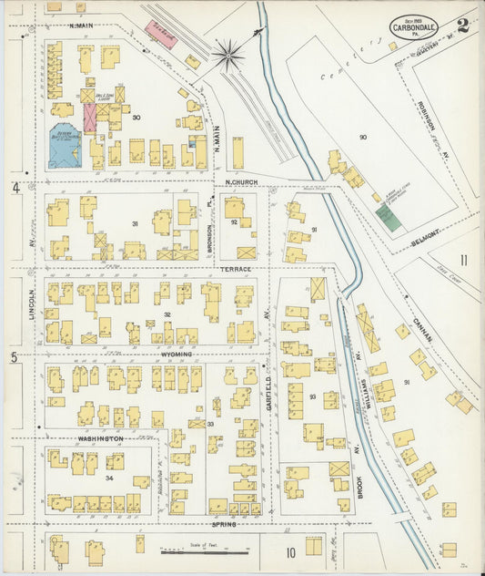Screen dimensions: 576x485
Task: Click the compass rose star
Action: [229, 54]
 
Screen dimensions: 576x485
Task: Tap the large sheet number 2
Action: [464, 25]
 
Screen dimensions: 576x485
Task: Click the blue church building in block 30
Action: [65, 147]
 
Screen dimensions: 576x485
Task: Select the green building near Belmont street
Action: [388, 216]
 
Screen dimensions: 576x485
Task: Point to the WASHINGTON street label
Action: [100, 438]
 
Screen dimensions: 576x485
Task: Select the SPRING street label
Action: [224, 524]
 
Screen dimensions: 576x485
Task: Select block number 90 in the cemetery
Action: [361, 137]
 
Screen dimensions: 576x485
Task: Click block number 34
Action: [110, 478]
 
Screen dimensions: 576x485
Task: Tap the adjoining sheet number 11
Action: [464, 260]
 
